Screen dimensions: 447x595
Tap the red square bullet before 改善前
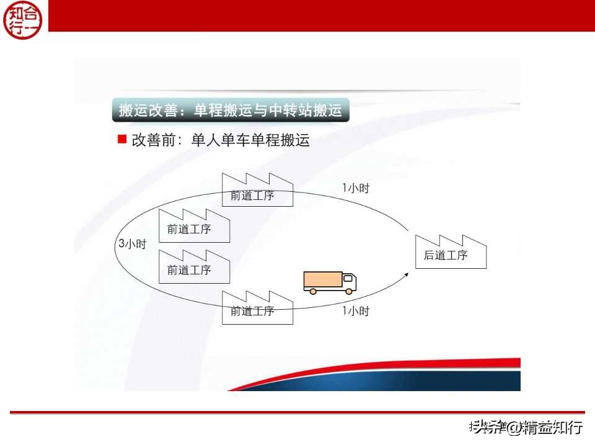coord(122,139)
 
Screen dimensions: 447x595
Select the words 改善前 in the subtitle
coord(151,140)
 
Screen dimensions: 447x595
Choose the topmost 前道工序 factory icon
coord(257,190)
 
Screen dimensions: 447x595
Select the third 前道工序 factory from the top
coord(194,266)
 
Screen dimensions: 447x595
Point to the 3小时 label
coord(132,244)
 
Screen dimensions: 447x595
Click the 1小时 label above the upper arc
coord(355,188)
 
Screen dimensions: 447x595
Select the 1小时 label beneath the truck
coord(355,311)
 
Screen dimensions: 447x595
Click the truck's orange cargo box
coord(322,280)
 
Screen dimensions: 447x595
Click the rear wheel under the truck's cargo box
coord(312,291)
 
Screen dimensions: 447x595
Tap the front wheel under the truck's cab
coord(349,291)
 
